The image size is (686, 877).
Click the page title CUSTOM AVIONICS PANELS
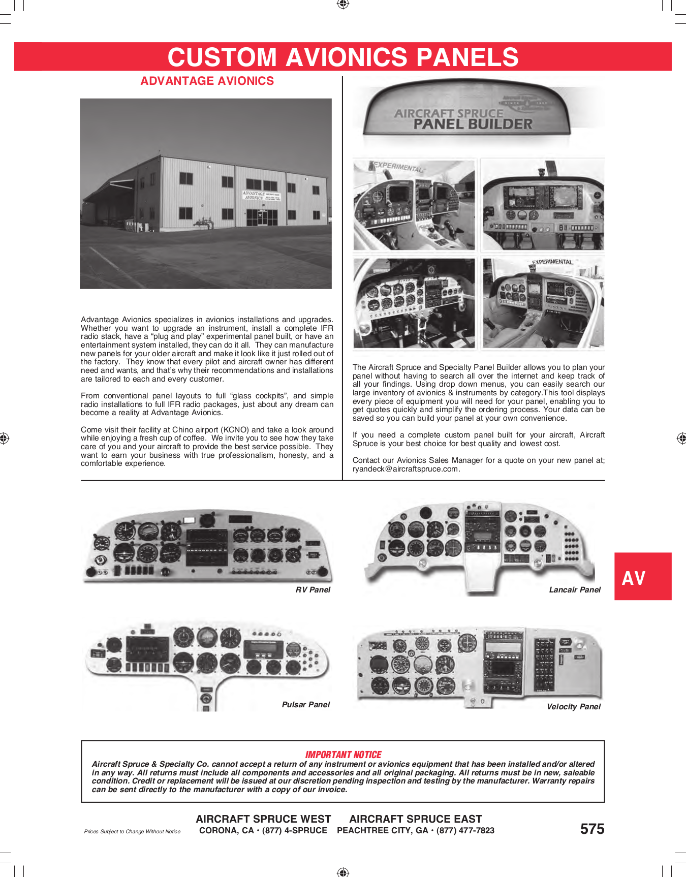point(343,57)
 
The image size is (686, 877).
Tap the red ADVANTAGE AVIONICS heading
point(207,81)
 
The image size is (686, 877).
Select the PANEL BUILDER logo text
point(473,124)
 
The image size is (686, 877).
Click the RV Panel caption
point(313,590)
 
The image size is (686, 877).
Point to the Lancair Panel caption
point(574,590)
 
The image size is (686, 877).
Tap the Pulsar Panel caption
point(305,705)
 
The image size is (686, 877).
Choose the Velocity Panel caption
point(573,707)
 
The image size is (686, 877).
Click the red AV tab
point(642,577)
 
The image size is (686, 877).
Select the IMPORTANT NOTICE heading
point(343,755)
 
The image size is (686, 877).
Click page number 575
point(592,829)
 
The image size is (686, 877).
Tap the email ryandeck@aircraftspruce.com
point(406,469)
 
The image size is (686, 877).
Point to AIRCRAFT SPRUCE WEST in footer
point(263,819)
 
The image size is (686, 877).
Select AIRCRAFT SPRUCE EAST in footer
point(415,819)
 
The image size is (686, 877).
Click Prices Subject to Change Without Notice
point(132,832)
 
